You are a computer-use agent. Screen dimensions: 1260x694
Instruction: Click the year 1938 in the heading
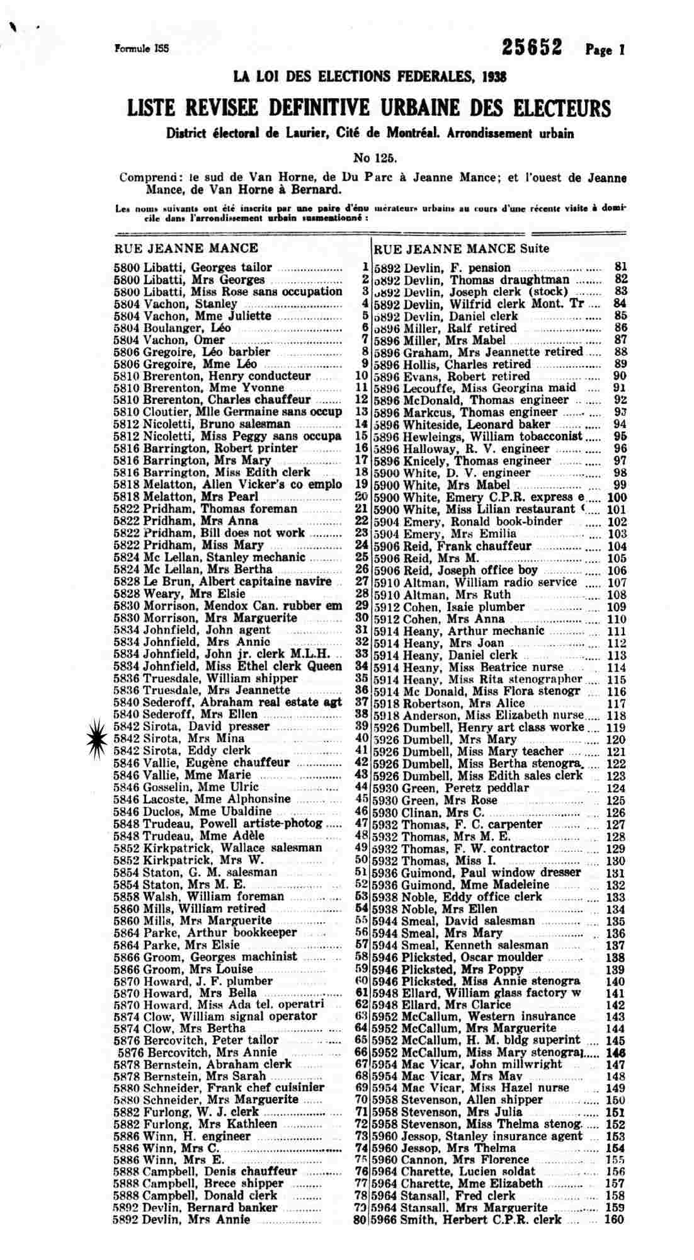tap(493, 77)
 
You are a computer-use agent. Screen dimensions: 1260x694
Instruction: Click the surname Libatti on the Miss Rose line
tap(160, 292)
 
